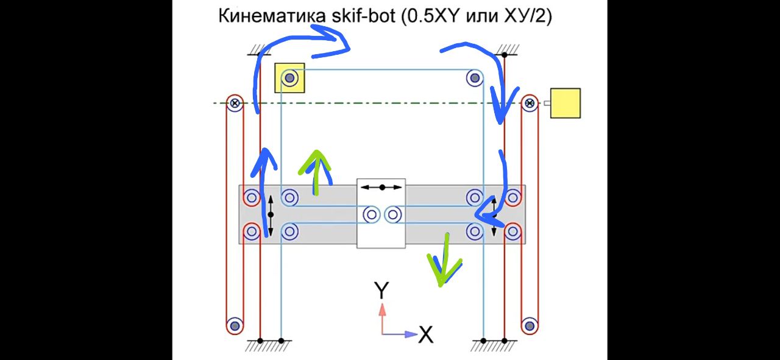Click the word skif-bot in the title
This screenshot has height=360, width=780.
(x=364, y=16)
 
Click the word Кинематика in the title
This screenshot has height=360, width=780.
(x=272, y=16)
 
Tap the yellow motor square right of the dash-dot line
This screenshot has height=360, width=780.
(x=565, y=103)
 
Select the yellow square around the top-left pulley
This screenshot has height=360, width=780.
(x=289, y=78)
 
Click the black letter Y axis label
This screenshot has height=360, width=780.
(x=381, y=290)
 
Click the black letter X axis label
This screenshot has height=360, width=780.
(x=426, y=334)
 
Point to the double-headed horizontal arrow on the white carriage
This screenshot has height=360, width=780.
(x=381, y=188)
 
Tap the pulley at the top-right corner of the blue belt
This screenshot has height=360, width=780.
(x=475, y=78)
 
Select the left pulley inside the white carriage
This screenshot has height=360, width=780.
(x=371, y=215)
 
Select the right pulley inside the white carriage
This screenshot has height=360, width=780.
(x=393, y=215)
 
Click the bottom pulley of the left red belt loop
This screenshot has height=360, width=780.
(x=235, y=326)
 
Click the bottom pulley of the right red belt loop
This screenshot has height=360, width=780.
(x=530, y=326)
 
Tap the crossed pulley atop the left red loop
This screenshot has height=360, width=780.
(x=235, y=103)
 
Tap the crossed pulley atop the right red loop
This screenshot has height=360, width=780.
(x=530, y=103)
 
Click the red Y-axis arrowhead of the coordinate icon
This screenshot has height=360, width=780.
(x=382, y=309)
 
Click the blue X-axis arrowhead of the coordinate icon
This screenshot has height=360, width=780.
(x=411, y=334)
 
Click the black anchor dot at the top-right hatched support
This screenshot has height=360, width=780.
(x=504, y=55)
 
